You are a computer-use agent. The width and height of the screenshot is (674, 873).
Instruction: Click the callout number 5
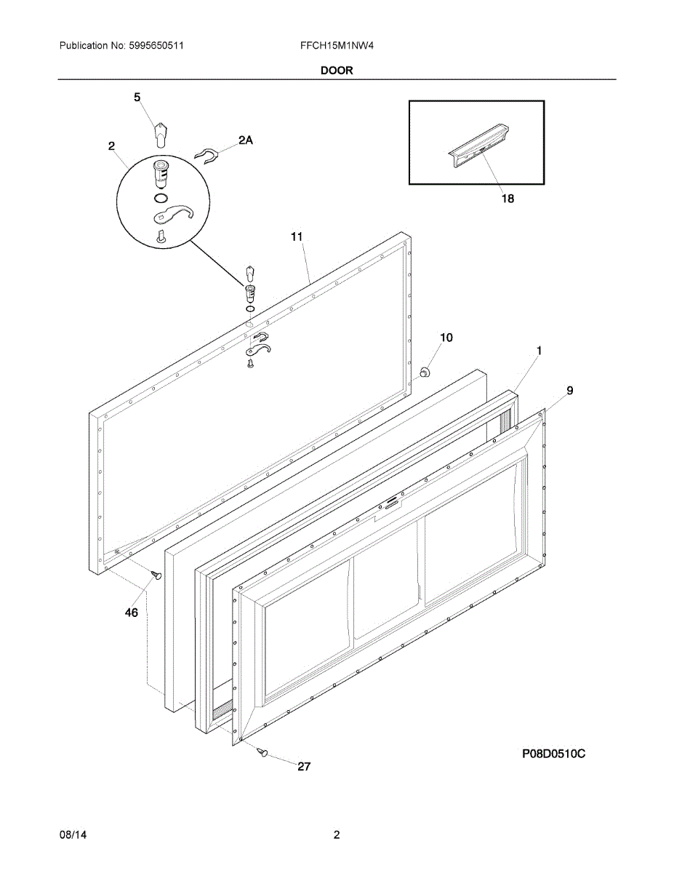click(137, 97)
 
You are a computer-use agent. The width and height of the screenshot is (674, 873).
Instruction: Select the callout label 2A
click(246, 140)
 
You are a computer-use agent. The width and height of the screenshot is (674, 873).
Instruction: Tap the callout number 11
click(297, 236)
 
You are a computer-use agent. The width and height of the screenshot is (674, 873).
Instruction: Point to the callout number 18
click(507, 198)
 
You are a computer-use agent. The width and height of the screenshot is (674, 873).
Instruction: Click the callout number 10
click(446, 338)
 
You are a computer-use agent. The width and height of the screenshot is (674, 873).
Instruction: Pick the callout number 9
click(569, 391)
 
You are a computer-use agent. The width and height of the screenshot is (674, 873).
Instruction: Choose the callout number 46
click(131, 613)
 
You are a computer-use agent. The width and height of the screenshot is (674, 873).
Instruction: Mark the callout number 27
click(304, 766)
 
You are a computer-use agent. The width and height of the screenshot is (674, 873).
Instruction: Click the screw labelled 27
click(263, 752)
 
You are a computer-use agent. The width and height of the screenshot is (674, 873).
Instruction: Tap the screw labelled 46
click(156, 575)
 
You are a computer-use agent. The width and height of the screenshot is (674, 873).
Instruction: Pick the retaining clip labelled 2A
click(209, 155)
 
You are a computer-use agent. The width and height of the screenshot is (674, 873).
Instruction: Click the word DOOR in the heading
click(337, 71)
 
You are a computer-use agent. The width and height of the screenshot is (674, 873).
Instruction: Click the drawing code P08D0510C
click(553, 754)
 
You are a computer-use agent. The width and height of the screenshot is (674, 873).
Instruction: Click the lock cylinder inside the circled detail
click(161, 174)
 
